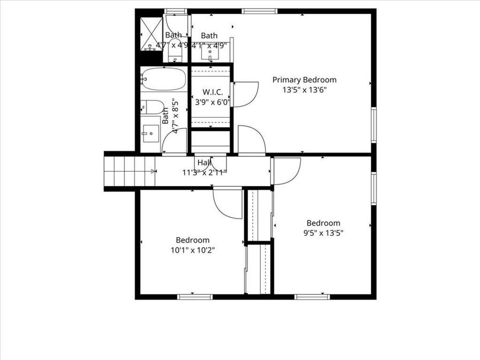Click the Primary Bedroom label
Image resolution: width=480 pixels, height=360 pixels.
[x=305, y=80]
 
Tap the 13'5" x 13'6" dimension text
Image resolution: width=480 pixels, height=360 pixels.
[x=305, y=90]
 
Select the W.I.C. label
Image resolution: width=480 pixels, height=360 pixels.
[x=212, y=92]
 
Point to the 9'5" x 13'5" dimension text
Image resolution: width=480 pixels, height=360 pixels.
[x=323, y=233]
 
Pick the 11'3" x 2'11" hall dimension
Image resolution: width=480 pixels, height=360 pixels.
[x=204, y=172]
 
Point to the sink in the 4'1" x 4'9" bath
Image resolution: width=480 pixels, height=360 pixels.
[x=210, y=52]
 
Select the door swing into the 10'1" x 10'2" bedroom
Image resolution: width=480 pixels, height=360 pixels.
[x=228, y=203]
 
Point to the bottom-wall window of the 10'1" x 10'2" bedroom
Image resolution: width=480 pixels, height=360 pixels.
[x=195, y=297]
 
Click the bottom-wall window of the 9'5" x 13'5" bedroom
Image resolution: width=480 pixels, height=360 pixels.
[x=312, y=297]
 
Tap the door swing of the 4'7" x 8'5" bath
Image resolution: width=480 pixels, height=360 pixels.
[x=175, y=141]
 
